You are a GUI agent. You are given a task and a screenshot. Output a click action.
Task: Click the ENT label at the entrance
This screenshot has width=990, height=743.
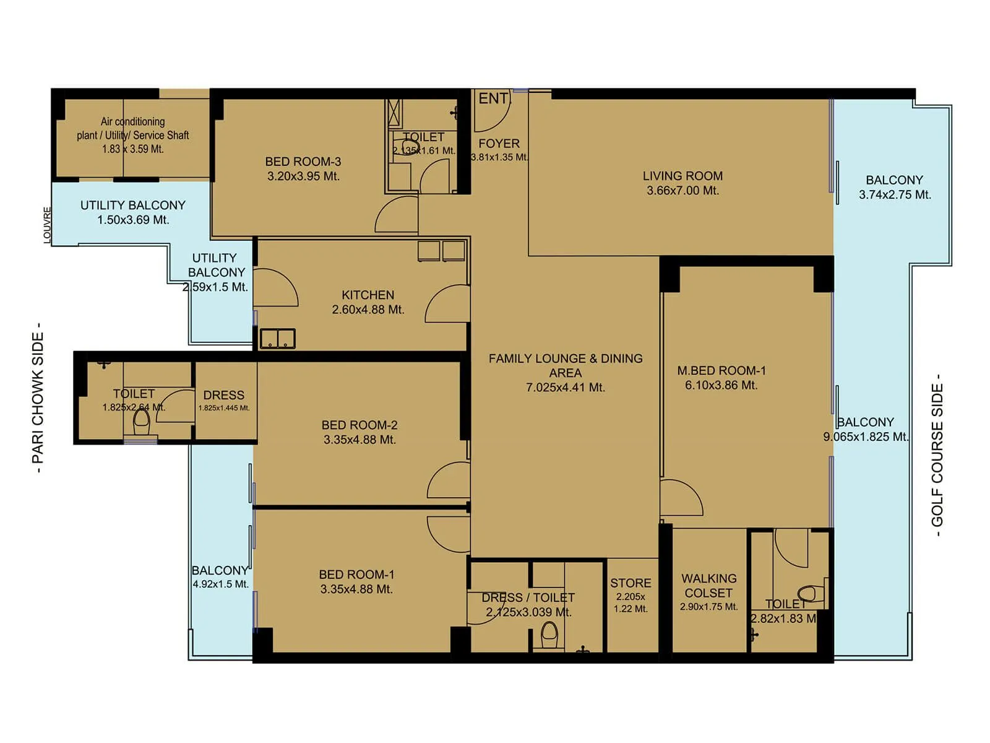pos(493,98)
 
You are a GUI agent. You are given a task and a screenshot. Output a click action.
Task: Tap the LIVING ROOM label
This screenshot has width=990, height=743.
pos(682,176)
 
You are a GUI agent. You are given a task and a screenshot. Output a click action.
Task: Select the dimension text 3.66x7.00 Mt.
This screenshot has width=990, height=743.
pos(682,191)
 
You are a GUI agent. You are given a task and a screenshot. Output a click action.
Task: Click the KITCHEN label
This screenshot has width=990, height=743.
pos(368,295)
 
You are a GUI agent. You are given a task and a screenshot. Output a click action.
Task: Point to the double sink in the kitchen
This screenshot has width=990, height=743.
pos(277,339)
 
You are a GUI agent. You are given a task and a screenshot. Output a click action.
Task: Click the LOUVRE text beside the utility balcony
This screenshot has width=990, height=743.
pos(47,225)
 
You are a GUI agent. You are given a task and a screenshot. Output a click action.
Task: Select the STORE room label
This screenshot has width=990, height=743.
pos(631,583)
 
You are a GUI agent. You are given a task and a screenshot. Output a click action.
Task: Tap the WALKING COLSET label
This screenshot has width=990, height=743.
pos(708,586)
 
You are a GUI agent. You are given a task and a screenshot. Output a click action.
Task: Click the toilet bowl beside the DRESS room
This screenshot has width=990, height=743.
pos(142,421)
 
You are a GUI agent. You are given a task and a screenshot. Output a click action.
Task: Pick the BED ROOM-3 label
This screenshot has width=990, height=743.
pos(303,162)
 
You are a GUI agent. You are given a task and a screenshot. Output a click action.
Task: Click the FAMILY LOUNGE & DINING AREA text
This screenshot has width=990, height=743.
pos(565,365)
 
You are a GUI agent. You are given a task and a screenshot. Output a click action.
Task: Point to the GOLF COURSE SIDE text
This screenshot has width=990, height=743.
pos(937,455)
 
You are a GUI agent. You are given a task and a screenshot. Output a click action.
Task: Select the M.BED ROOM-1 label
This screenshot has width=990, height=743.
pos(721,371)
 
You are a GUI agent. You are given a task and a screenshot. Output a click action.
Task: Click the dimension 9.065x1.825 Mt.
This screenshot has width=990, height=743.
pos(865,437)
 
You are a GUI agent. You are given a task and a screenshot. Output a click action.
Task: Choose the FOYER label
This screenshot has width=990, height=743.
pos(499,144)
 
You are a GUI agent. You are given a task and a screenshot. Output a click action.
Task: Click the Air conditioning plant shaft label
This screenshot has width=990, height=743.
pos(132,128)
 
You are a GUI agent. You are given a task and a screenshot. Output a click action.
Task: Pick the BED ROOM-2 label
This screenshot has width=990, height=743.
pos(359,425)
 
